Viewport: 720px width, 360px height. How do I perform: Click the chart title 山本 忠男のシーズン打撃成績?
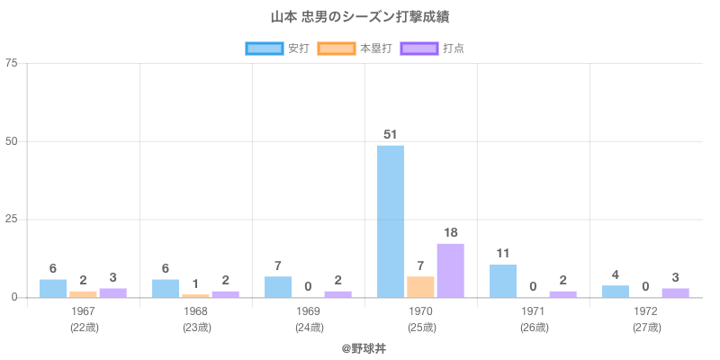360,17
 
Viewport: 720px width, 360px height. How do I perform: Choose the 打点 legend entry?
433,48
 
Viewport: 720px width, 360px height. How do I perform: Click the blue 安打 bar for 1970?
391,221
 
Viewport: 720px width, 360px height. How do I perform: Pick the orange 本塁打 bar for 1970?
420,286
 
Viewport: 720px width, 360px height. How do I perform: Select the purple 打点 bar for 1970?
451,270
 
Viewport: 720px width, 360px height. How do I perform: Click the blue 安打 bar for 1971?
503,281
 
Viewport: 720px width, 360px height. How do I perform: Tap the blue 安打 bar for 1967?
53,288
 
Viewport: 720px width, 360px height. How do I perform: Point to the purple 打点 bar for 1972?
676,292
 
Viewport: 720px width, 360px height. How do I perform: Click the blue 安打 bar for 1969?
278,286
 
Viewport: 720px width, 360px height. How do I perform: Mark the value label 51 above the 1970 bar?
391,135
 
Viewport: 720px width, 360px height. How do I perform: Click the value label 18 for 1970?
451,233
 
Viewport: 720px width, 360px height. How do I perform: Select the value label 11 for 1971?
503,254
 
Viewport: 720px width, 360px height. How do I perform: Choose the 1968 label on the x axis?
196,311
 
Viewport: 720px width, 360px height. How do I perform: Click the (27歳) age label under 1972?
646,327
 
